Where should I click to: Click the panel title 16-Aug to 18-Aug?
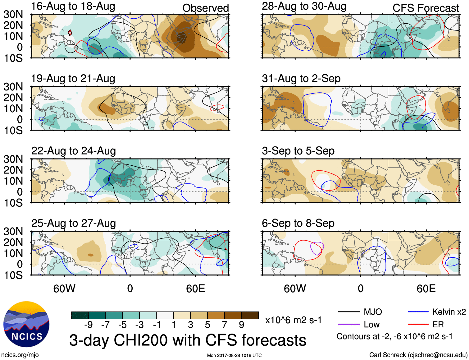pyautogui.click(x=73, y=6)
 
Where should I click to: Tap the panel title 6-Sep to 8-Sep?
pyautogui.click(x=298, y=223)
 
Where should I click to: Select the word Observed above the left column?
pyautogui.click(x=205, y=8)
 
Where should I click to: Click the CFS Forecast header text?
pyautogui.click(x=426, y=8)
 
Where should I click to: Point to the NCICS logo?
pyautogui.click(x=26, y=324)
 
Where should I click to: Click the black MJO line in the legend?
pyautogui.click(x=348, y=312)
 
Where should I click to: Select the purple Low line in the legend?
pyautogui.click(x=348, y=325)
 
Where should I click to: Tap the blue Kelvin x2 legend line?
pyautogui.click(x=418, y=312)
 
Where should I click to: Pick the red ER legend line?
pyautogui.click(x=418, y=325)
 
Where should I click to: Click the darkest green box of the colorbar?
pyautogui.click(x=80, y=315)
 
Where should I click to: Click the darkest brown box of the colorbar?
pyautogui.click(x=250, y=315)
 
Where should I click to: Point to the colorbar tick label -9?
pyautogui.click(x=89, y=325)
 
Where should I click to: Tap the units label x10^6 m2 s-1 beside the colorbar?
pyautogui.click(x=293, y=320)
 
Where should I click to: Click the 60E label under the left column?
pyautogui.click(x=195, y=289)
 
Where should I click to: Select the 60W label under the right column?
pyautogui.click(x=295, y=289)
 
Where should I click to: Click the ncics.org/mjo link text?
pyautogui.click(x=20, y=355)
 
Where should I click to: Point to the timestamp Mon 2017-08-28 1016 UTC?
pyautogui.click(x=234, y=355)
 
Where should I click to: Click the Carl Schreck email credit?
pyautogui.click(x=418, y=355)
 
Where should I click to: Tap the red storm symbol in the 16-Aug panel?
pyautogui.click(x=70, y=32)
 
